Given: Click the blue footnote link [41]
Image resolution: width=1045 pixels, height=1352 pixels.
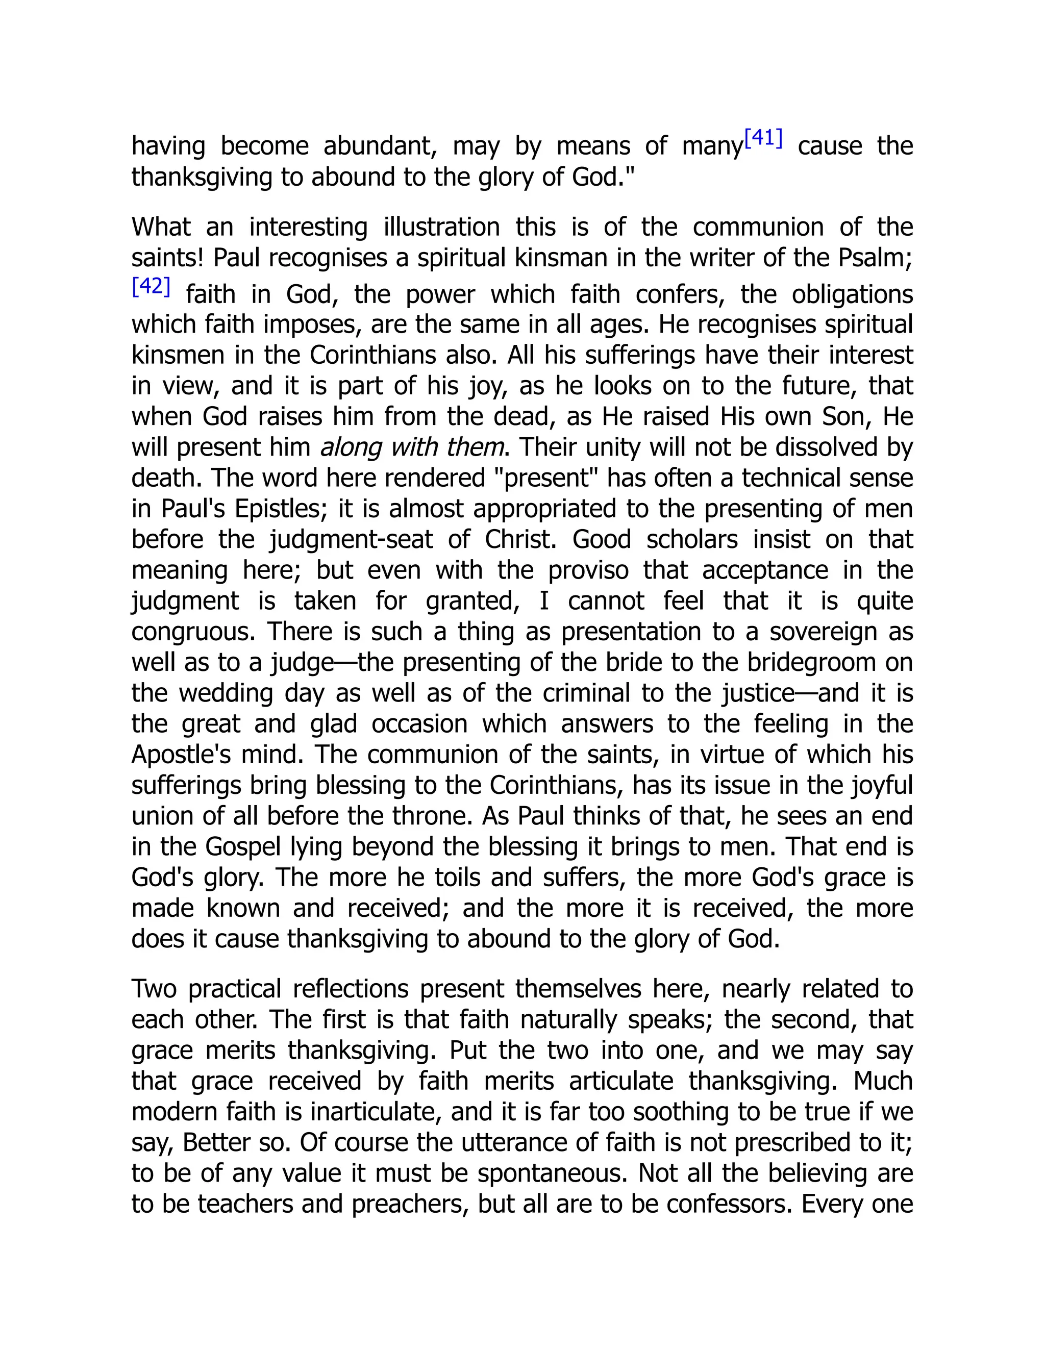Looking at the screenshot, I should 763,139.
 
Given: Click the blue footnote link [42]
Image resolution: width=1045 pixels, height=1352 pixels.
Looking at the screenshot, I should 151,287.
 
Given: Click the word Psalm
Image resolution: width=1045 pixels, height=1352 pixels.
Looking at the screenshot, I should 874,258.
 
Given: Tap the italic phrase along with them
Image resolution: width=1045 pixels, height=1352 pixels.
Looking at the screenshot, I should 412,447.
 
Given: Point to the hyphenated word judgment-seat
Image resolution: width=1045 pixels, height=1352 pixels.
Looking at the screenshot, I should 352,540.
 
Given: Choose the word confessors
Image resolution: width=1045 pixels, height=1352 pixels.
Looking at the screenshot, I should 725,1204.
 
